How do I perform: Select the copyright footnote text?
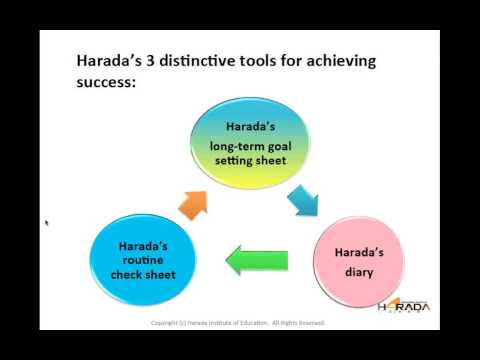[237, 323]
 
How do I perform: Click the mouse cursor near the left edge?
[46, 222]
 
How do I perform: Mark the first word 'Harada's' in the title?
[106, 62]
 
